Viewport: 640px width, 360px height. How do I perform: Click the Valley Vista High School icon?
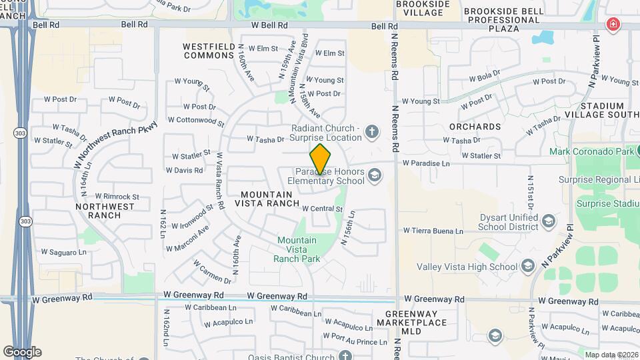[x=528, y=267]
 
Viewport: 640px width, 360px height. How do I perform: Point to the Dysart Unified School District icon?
[x=548, y=221]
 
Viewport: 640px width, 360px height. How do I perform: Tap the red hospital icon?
[x=612, y=25]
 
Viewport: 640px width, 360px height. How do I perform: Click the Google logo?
[x=22, y=351]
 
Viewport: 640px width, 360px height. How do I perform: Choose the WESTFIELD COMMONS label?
[x=209, y=51]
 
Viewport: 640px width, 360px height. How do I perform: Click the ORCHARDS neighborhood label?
[x=475, y=126]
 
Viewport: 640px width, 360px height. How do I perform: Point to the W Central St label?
[x=322, y=209]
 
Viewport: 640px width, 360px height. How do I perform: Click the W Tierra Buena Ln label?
[x=433, y=231]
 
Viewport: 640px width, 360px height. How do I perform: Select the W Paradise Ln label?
[x=426, y=163]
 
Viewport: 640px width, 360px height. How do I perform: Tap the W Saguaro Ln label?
[x=64, y=252]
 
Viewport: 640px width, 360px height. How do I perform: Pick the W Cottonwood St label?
[x=196, y=121]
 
